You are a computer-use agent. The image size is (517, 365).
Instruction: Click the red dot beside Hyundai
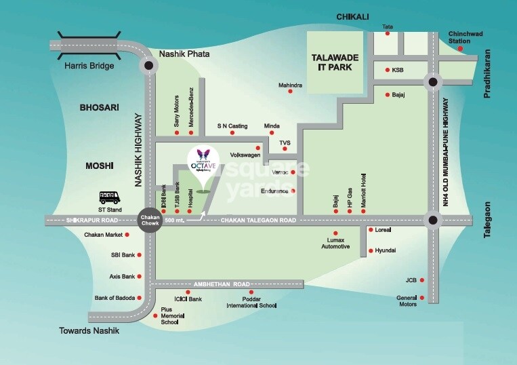click(x=369, y=251)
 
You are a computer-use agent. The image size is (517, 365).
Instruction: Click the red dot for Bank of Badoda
click(x=140, y=297)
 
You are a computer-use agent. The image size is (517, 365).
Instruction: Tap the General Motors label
click(x=408, y=301)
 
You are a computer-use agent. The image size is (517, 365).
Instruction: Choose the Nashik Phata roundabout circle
click(x=148, y=65)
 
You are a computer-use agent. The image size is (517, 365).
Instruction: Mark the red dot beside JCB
click(x=423, y=280)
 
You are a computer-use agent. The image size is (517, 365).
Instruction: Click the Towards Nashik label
click(x=89, y=330)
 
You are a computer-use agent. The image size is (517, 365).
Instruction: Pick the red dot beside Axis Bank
click(x=140, y=276)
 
